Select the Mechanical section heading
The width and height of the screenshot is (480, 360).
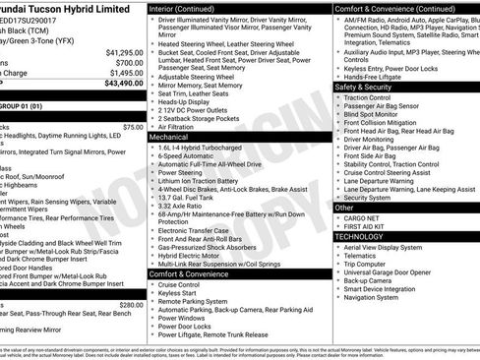pyautogui.click(x=169, y=138)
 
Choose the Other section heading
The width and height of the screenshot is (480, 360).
pyautogui.click(x=344, y=208)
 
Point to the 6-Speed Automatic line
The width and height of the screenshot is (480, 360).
pyautogui.click(x=193, y=156)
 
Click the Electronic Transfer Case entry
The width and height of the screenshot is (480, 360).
pyautogui.click(x=203, y=229)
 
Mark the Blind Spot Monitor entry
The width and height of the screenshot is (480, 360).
pyautogui.click(x=378, y=115)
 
